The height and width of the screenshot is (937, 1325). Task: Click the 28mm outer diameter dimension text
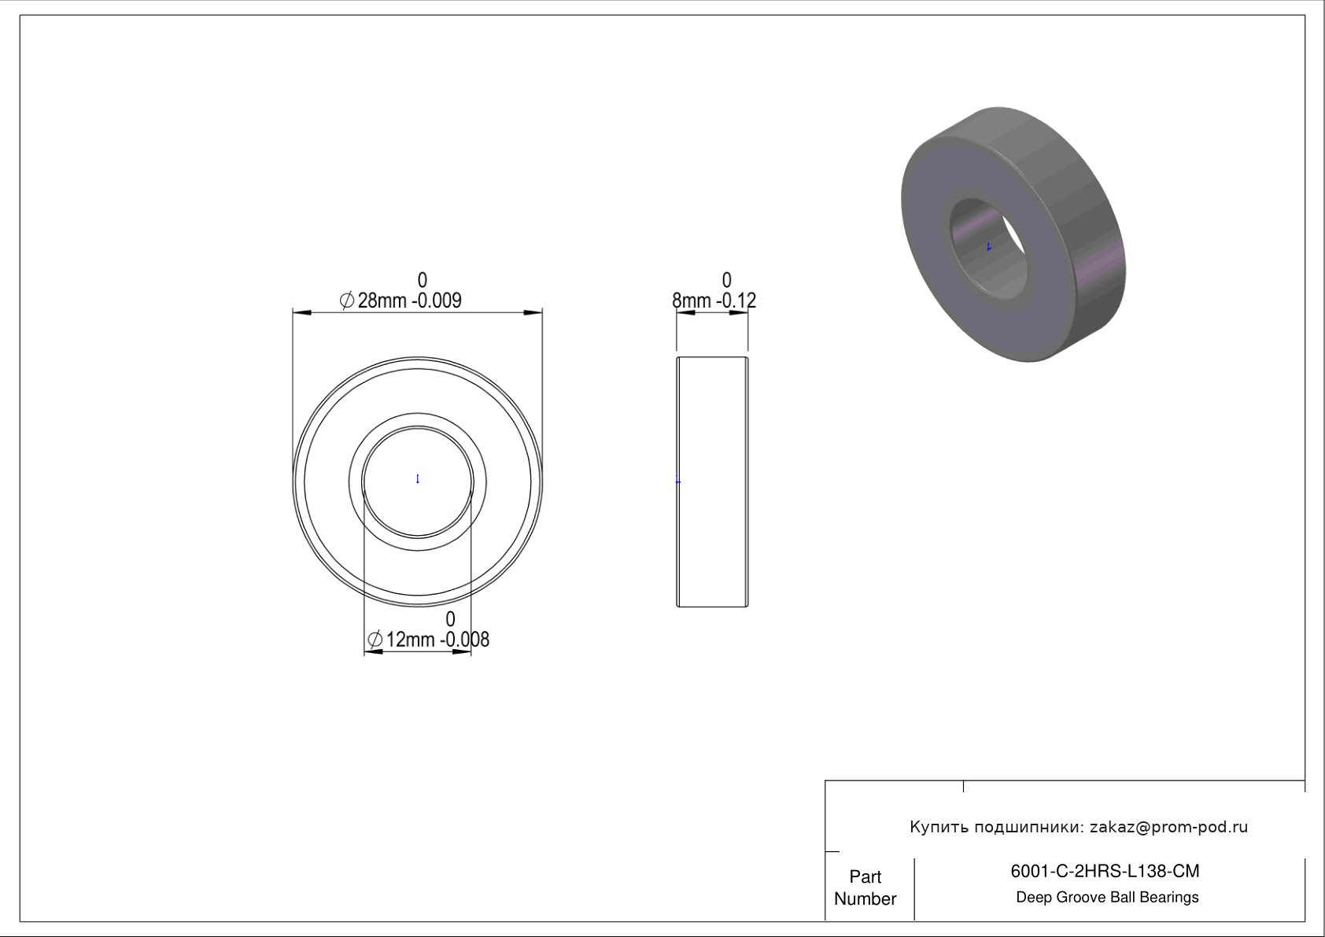[x=382, y=301]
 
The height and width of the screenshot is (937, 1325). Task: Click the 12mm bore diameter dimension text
[x=411, y=640]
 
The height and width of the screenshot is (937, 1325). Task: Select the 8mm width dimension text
[x=692, y=301]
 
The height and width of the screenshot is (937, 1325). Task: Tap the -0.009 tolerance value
[x=437, y=301]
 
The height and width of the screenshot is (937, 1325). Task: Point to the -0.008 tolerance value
[x=464, y=640]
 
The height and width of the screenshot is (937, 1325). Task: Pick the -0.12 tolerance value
[x=736, y=301]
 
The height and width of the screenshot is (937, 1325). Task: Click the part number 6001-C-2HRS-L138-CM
[x=1105, y=871]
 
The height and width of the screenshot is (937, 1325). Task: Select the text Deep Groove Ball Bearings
[x=1107, y=898]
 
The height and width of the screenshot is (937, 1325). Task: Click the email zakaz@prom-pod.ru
[x=1169, y=827]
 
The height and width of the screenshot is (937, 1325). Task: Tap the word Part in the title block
[x=865, y=876]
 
